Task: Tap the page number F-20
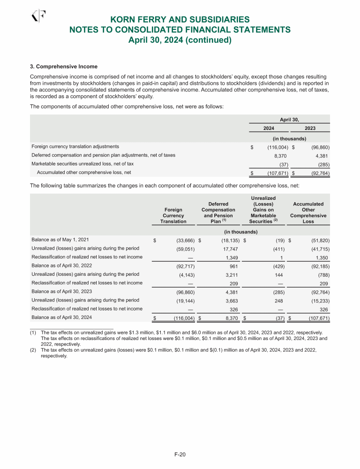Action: pos(180,454)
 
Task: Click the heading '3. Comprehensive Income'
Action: pos(64,66)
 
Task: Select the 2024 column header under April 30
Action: pos(269,128)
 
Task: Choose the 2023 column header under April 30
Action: pos(310,128)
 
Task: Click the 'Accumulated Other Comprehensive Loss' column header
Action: pos(308,212)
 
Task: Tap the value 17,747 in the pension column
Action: pos(230,249)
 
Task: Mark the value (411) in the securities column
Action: pos(276,249)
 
